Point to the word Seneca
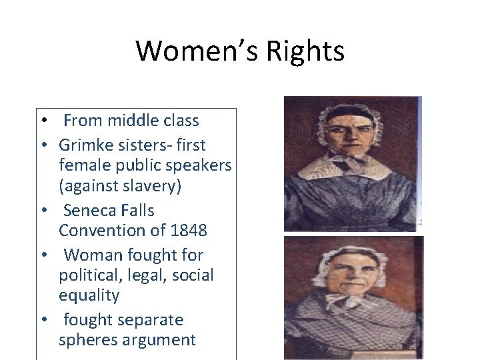point(91,211)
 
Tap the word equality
point(89,295)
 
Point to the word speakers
point(198,165)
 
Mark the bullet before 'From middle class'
point(42,121)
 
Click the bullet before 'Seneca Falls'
point(42,211)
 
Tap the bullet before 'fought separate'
point(42,321)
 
